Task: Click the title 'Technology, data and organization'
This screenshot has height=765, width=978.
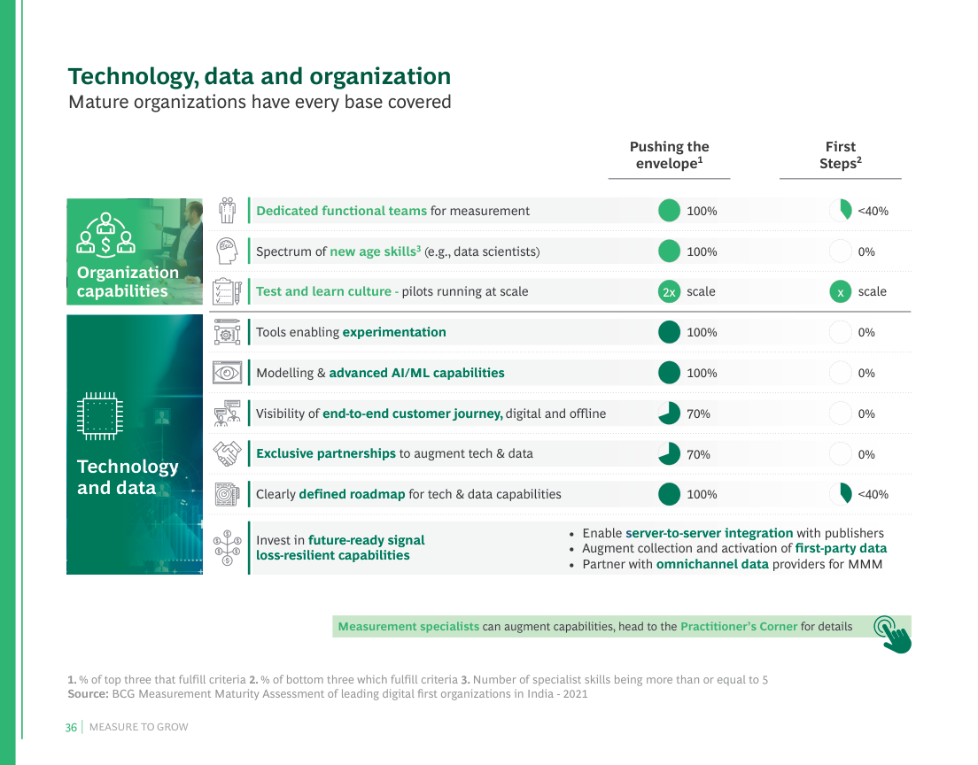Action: [260, 76]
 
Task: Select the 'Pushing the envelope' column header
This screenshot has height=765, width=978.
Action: [669, 155]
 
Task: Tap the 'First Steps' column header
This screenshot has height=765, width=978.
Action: [840, 155]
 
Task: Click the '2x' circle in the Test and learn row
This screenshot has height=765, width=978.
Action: [669, 291]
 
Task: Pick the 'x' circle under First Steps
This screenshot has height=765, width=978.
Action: [840, 291]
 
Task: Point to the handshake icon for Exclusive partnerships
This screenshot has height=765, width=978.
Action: [228, 453]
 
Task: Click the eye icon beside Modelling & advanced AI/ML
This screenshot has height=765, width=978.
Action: [228, 373]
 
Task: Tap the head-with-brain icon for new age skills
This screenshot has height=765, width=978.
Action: [228, 251]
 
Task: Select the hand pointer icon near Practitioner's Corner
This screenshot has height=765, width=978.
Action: [893, 633]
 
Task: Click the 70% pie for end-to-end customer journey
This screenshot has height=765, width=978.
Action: [669, 413]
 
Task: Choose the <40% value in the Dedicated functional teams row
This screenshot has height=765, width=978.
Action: [873, 211]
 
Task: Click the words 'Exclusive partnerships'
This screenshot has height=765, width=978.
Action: [326, 453]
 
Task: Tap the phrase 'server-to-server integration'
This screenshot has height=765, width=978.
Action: [709, 533]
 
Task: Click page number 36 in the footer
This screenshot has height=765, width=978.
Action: [71, 727]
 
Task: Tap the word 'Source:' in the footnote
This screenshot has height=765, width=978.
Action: [88, 694]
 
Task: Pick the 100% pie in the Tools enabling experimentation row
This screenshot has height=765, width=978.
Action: [669, 332]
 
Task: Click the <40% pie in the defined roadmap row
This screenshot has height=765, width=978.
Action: [840, 494]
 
